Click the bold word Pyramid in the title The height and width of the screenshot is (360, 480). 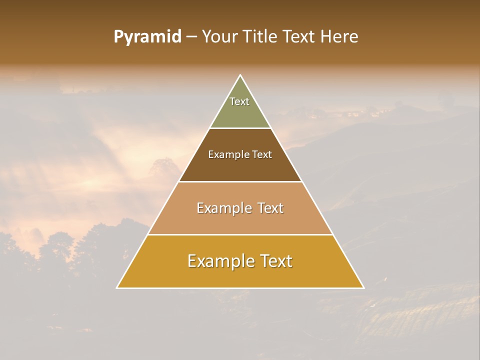point(147,37)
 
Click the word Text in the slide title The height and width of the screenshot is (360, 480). point(299,37)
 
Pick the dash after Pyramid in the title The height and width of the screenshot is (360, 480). point(191,37)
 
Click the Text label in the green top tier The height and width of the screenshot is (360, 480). point(239,101)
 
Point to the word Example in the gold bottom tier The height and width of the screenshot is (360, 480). point(220,261)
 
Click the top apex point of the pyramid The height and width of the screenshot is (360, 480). point(240,75)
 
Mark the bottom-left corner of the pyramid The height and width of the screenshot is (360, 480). point(117,288)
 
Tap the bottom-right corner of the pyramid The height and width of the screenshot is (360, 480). point(363,288)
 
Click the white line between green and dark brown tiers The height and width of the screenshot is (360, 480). point(240,128)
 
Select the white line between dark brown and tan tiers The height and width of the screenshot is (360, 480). point(240,181)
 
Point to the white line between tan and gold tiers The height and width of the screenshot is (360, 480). point(240,234)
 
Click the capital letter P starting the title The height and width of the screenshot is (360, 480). point(118,37)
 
